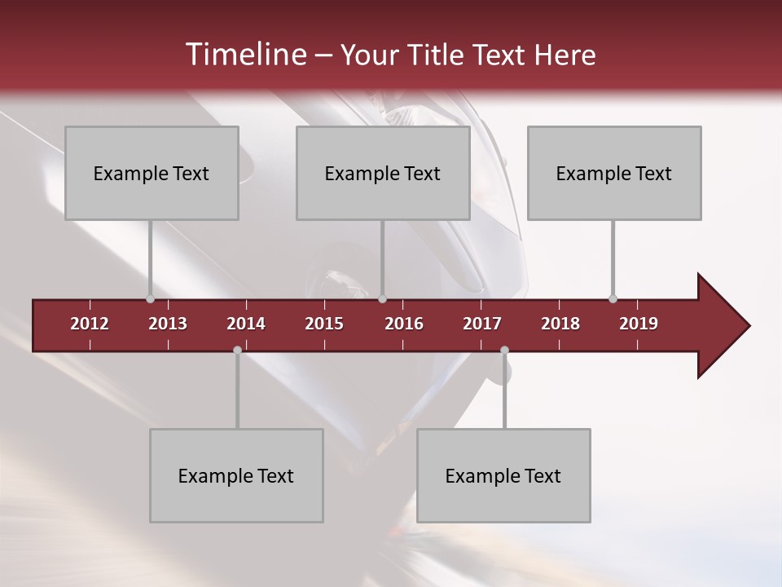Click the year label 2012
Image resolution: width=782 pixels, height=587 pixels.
[90, 324]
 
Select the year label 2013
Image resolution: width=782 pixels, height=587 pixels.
[168, 324]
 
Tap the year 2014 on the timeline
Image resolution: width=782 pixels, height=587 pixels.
[246, 324]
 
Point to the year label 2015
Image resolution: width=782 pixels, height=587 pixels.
[324, 324]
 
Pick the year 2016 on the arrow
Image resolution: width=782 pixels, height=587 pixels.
[404, 324]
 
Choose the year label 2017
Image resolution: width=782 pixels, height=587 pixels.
[482, 324]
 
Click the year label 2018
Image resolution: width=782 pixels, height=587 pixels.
[560, 324]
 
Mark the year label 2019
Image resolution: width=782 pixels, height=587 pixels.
[639, 324]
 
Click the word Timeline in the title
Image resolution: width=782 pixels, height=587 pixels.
[244, 55]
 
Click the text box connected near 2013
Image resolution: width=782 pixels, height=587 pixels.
[152, 173]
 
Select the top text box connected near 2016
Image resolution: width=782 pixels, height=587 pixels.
[383, 173]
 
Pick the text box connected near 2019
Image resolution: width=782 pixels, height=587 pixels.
[614, 173]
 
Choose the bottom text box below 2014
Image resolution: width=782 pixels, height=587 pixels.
[236, 475]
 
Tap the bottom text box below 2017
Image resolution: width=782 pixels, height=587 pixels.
[503, 475]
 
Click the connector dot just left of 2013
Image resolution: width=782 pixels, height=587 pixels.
[150, 299]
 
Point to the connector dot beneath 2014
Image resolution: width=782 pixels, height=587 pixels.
[237, 350]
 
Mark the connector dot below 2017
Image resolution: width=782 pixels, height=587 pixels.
[504, 350]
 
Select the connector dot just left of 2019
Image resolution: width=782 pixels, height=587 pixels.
[613, 299]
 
